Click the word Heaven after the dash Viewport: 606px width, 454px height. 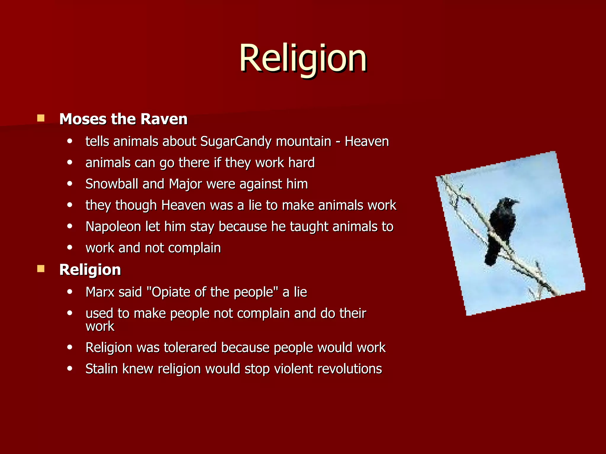367,142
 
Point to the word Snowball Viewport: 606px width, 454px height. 112,184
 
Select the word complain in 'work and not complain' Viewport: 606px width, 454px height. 194,248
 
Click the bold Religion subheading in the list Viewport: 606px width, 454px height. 90,270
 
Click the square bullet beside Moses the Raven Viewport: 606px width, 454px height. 41,119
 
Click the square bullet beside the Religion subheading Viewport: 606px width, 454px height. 41,269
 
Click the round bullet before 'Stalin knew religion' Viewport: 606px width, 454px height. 70,369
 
